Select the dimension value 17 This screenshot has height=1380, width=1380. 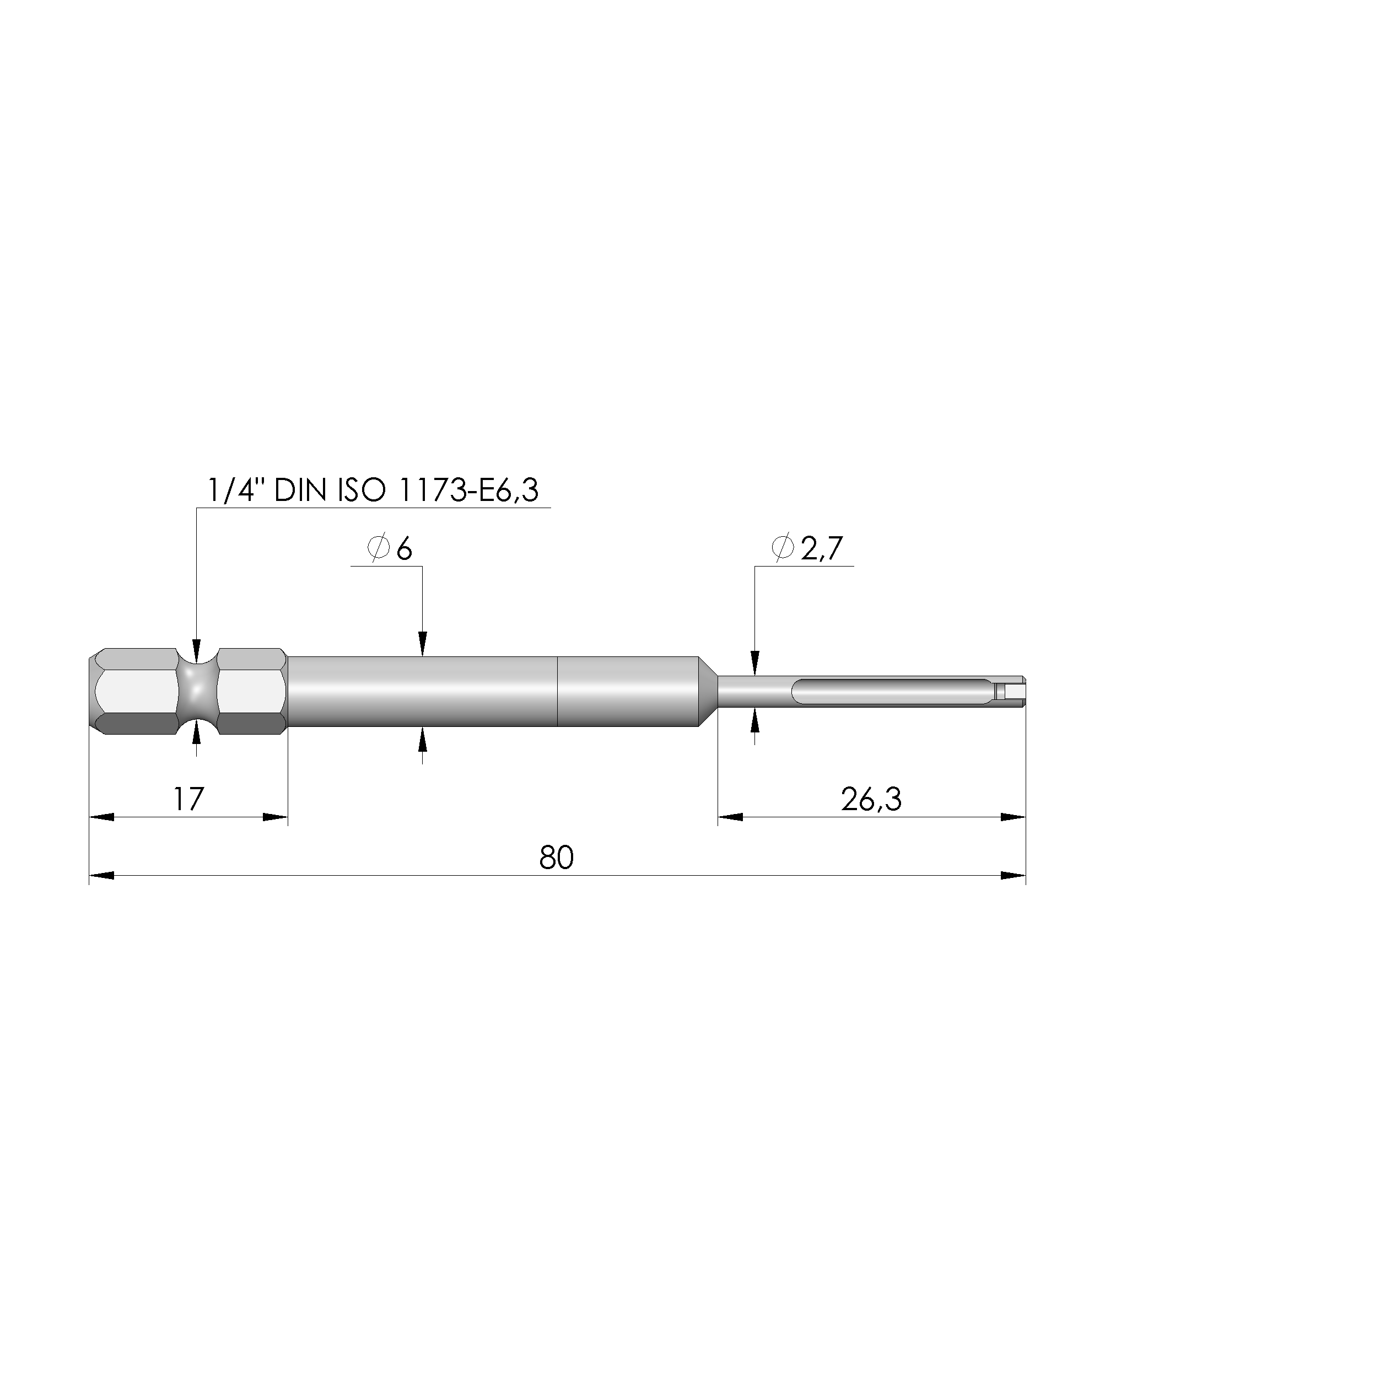188,799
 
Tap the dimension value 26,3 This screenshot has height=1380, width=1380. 871,800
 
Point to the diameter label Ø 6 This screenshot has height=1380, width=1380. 390,549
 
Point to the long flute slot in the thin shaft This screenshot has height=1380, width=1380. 893,692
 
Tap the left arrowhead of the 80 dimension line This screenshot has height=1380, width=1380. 101,876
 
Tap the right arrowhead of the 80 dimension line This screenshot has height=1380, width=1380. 1013,876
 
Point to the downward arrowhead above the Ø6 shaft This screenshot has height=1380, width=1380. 422,644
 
